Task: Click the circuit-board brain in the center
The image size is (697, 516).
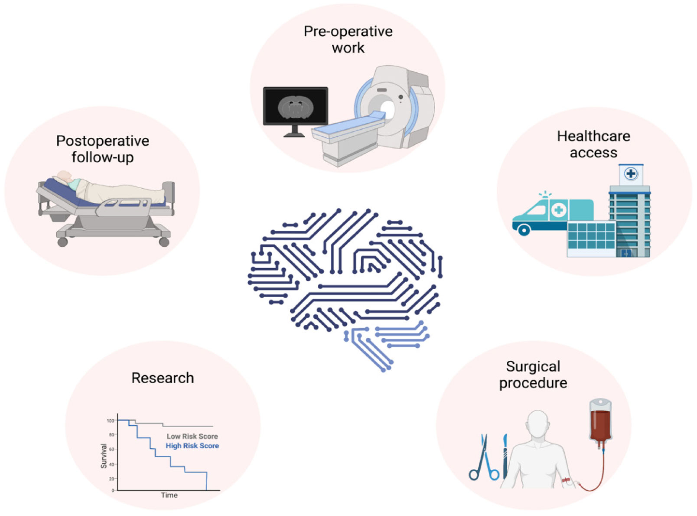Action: (345, 286)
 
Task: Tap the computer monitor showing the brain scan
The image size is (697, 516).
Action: (295, 106)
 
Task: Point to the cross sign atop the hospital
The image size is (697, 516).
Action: (630, 174)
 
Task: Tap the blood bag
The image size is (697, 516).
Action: (600, 421)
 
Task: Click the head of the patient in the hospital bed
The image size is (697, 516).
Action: (64, 177)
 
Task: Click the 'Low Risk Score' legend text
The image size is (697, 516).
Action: (192, 436)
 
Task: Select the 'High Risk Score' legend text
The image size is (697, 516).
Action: (192, 446)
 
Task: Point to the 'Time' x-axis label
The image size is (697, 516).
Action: (169, 495)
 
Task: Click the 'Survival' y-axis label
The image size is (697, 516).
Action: (104, 456)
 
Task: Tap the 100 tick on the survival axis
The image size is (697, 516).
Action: (110, 421)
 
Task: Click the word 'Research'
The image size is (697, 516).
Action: (163, 378)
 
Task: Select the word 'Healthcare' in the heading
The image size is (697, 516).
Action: (593, 136)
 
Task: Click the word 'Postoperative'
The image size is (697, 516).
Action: (103, 141)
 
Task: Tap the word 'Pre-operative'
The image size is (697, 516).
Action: (348, 31)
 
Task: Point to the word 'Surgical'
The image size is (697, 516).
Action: (533, 366)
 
